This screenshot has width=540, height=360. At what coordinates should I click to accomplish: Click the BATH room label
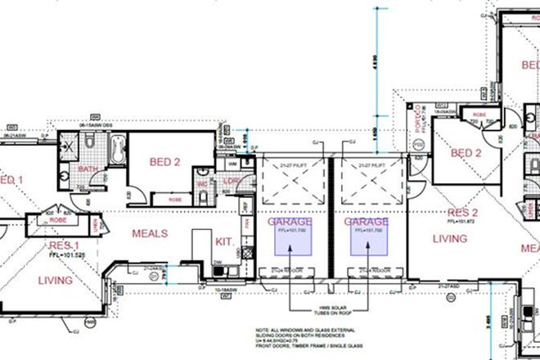[x=88, y=169]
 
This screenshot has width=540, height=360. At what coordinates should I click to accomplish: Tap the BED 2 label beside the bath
[x=164, y=162]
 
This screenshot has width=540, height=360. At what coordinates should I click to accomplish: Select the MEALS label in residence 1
[x=150, y=233]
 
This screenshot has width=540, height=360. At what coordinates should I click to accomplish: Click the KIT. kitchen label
[x=225, y=241]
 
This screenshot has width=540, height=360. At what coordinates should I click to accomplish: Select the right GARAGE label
[x=366, y=222]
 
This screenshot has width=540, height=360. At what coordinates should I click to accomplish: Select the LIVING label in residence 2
[x=450, y=239]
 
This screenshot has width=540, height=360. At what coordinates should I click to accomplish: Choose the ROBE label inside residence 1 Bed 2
[x=174, y=198]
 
